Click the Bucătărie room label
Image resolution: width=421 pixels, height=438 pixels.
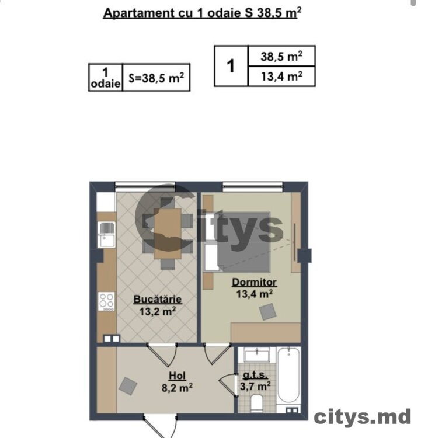[x=158, y=299]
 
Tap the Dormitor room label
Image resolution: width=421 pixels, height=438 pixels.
[x=254, y=282]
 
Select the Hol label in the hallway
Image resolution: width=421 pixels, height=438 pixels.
[x=177, y=376]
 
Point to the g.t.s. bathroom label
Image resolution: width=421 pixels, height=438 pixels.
[x=255, y=374]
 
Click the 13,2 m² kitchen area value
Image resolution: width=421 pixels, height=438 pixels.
[x=158, y=311]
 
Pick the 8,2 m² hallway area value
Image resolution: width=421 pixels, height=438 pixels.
[x=177, y=387]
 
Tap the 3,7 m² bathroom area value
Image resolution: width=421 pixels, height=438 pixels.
[x=255, y=386]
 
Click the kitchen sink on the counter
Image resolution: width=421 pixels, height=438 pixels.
[x=107, y=234]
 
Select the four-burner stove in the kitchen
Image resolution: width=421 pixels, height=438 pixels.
[x=106, y=302]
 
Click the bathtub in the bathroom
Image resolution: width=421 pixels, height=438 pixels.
[x=289, y=374]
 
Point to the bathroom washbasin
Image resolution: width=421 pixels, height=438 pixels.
[x=256, y=355]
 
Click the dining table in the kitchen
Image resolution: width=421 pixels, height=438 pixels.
[x=168, y=233]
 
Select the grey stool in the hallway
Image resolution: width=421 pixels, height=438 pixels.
[x=128, y=386]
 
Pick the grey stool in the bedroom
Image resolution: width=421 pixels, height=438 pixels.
[x=268, y=312]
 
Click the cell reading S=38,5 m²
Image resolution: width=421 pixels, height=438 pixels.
[x=156, y=77]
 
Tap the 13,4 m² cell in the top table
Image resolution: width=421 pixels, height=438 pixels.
[x=281, y=76]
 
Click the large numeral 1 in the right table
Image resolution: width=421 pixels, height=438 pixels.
[x=231, y=66]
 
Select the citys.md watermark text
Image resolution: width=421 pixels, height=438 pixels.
[x=362, y=418]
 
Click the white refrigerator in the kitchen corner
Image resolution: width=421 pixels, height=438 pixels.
[x=106, y=201]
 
